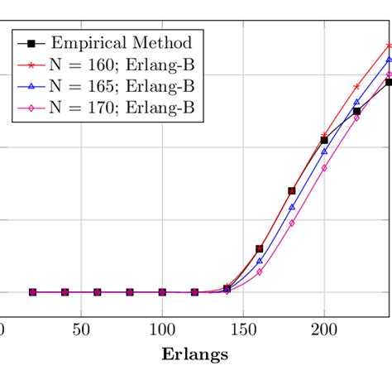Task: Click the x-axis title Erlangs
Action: (195, 354)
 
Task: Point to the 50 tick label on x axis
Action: (81, 330)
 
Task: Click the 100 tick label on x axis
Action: (162, 330)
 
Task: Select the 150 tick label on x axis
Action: (243, 330)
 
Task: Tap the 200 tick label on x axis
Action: (324, 330)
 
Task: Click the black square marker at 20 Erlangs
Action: (32, 292)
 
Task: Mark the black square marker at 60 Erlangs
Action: (98, 292)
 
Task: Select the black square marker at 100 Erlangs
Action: (162, 292)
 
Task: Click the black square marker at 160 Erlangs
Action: (260, 248)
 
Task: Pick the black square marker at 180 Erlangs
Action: (292, 191)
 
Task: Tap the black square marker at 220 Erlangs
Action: (356, 111)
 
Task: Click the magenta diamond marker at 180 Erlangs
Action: (292, 223)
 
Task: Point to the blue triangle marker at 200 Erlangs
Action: (324, 151)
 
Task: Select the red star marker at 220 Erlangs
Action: (356, 86)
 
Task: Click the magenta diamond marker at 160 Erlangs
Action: (260, 272)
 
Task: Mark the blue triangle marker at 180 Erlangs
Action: (292, 207)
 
